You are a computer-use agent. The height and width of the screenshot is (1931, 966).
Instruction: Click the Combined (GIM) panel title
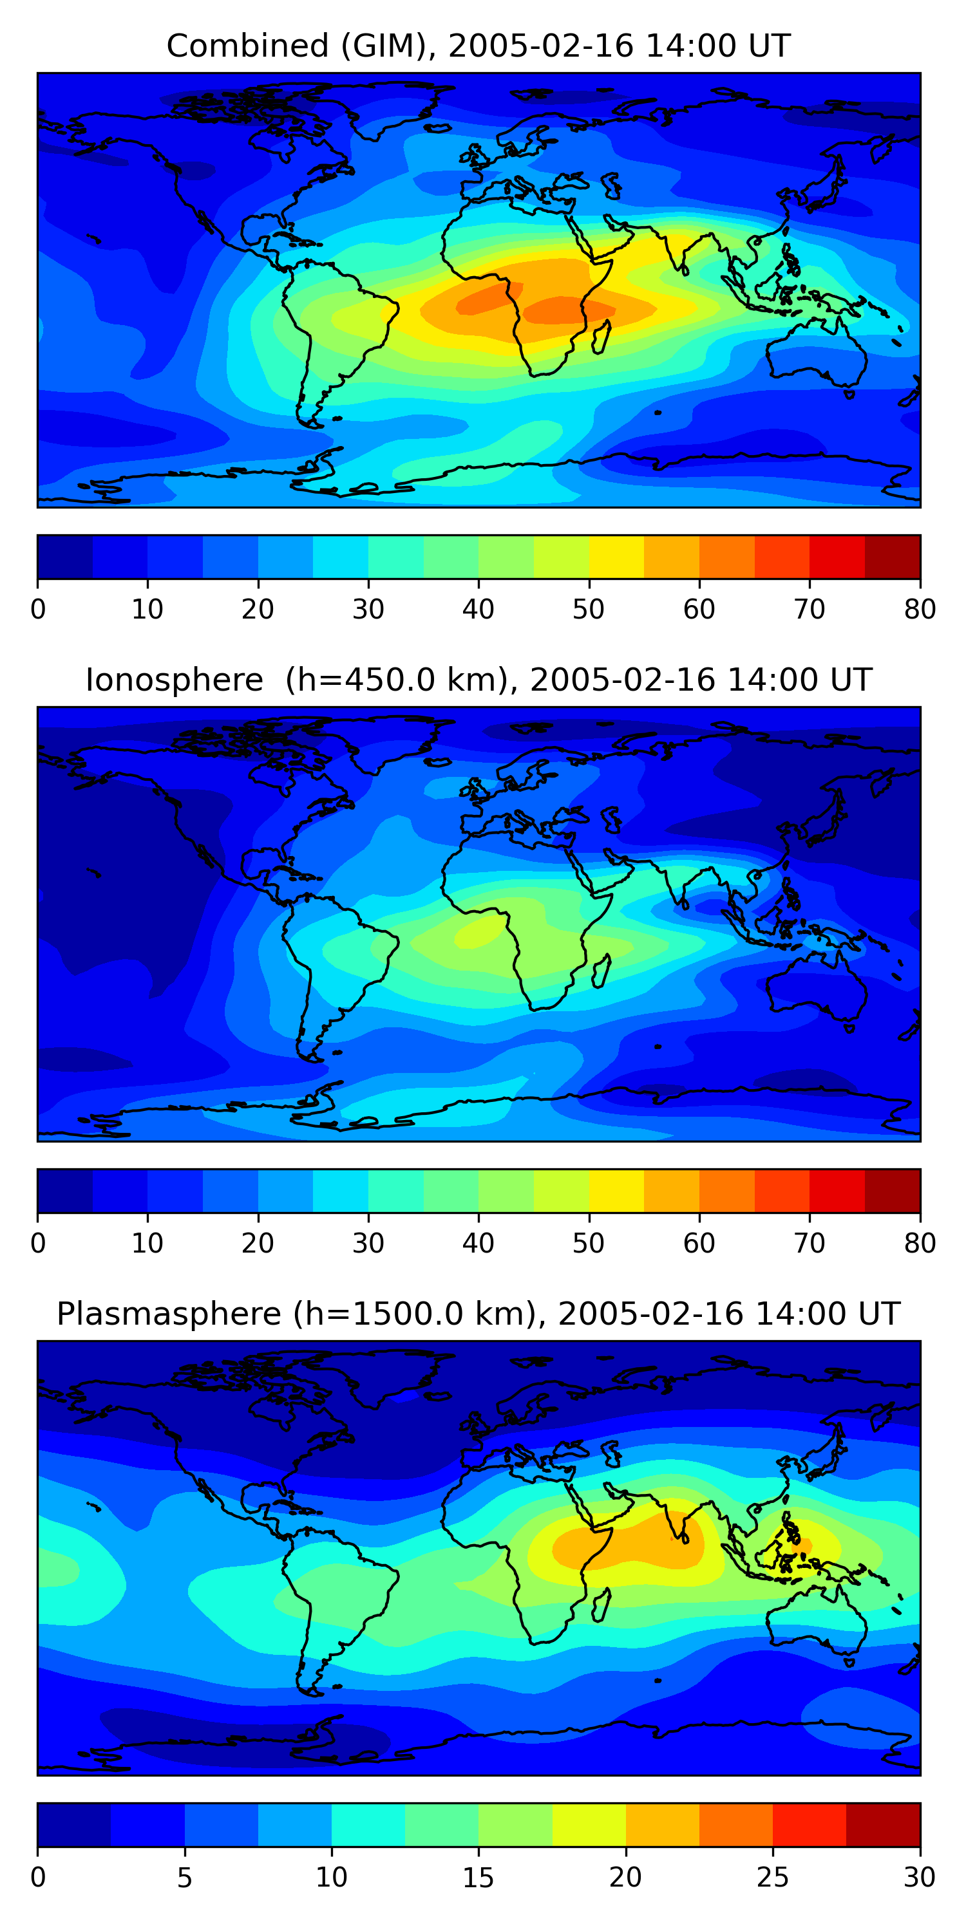pos(478,46)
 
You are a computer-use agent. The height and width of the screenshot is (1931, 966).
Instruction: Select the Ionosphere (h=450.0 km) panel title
pos(478,680)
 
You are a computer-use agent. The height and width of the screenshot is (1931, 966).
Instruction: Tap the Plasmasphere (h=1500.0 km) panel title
pos(478,1314)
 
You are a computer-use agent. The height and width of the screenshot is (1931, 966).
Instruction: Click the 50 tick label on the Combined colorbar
pos(589,610)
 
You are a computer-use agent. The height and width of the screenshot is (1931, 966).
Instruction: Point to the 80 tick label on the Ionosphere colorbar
pos(920,1244)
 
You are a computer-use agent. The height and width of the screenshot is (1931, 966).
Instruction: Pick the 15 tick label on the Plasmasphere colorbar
pos(478,1878)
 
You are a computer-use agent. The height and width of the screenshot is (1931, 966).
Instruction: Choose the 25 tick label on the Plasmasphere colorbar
pos(773,1878)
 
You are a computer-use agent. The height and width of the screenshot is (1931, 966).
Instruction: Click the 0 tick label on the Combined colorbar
pos(38,610)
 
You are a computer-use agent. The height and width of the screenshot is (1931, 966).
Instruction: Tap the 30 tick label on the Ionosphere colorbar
pos(368,1244)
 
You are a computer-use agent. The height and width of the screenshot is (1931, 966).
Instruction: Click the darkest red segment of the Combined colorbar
pos(893,557)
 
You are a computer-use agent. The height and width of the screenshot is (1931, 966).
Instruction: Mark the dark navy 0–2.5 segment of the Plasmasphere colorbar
pos(74,1825)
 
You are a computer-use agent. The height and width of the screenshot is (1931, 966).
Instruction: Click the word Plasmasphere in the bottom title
pos(169,1314)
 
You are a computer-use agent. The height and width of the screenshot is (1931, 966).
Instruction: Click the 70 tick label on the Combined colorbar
pos(810,610)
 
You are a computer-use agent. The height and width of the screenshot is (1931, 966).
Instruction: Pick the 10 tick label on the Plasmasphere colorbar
pos(332,1878)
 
